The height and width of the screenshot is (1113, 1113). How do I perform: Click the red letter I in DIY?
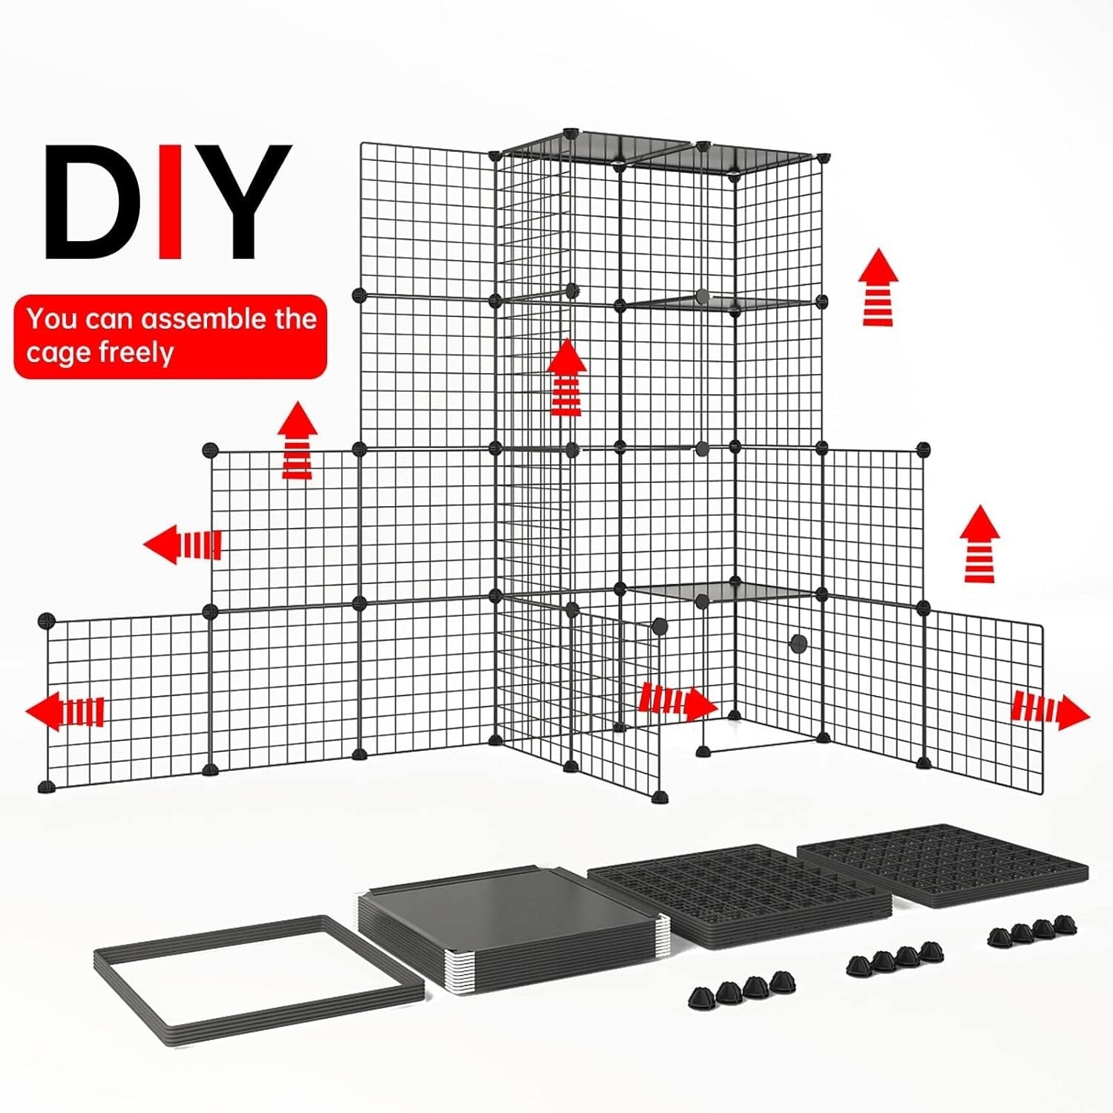pyautogui.click(x=171, y=202)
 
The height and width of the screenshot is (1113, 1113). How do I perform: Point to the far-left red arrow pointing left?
pyautogui.click(x=65, y=711)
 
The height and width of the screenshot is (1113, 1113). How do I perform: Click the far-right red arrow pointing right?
pyautogui.click(x=1050, y=711)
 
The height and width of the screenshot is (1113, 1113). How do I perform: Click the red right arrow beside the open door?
pyautogui.click(x=677, y=701)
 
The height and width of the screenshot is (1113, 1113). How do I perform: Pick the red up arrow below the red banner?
pyautogui.click(x=298, y=441)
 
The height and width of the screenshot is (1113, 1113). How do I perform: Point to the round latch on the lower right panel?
pyautogui.click(x=798, y=643)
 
